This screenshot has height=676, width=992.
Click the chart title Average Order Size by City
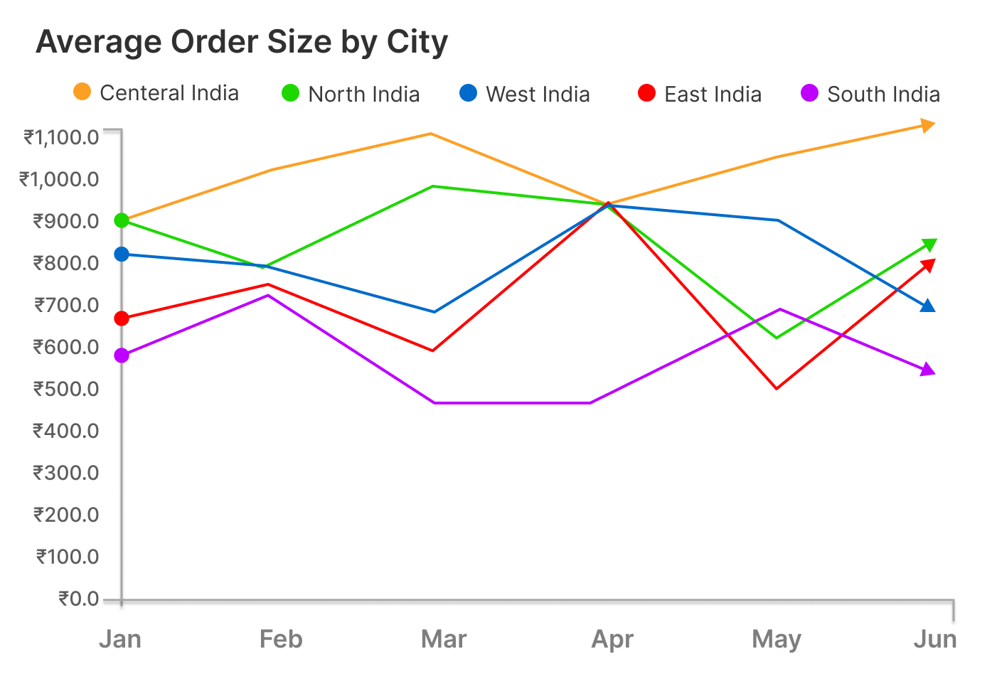(242, 43)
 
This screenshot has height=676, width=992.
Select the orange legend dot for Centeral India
(82, 92)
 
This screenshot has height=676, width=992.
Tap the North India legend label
(363, 94)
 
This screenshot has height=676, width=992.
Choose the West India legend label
(538, 94)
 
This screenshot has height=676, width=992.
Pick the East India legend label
(713, 94)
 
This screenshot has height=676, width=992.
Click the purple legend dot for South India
(809, 93)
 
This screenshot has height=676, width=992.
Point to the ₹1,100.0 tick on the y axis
(61, 136)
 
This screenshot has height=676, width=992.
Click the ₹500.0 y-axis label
(66, 389)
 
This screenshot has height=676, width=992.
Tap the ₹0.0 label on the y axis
(78, 599)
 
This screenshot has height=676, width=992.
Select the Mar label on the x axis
(444, 639)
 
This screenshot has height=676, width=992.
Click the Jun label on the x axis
(934, 639)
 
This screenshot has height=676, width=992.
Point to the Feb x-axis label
(281, 639)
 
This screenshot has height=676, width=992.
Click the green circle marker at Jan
(122, 220)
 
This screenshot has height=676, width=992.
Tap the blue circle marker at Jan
(122, 254)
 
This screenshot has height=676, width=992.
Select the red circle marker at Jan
(122, 318)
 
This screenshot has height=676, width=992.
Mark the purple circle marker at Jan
(122, 355)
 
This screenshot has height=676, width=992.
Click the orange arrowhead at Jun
(927, 126)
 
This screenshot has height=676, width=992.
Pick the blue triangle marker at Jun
(927, 306)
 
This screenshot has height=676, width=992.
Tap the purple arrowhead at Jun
(927, 370)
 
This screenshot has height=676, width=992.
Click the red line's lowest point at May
(777, 388)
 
